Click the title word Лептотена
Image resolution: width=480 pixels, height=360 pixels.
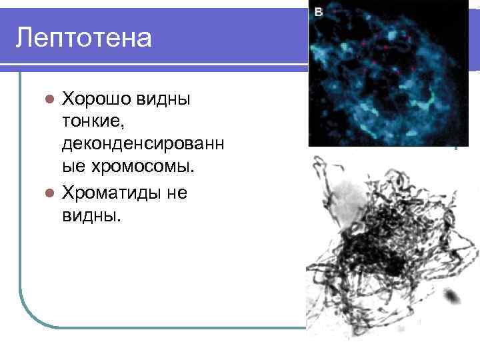(x=84, y=37)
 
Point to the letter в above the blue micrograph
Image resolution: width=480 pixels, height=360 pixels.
(x=319, y=11)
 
